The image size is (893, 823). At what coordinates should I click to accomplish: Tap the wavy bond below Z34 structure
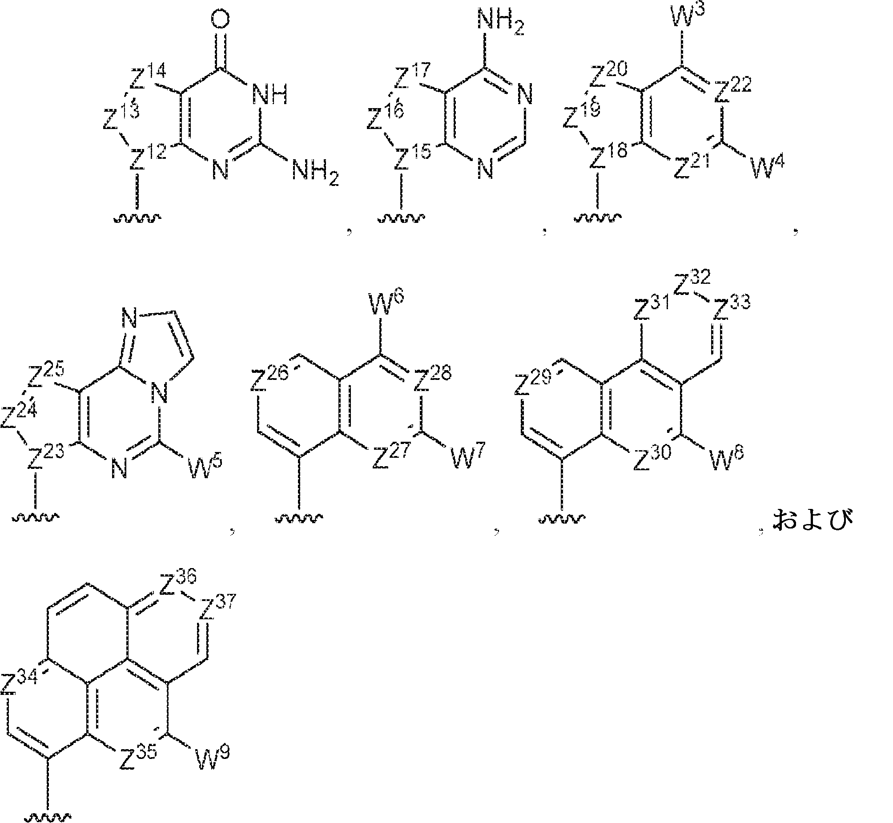coord(48,816)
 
